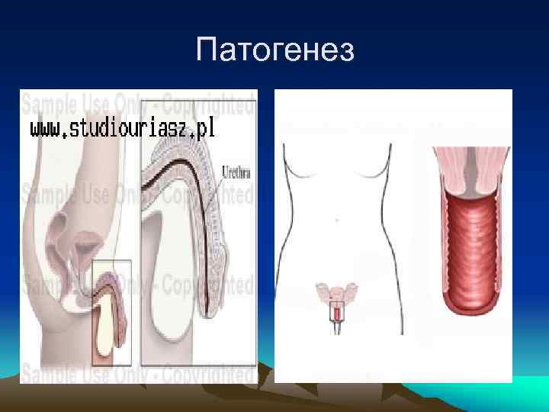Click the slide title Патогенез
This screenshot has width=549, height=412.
[274, 51]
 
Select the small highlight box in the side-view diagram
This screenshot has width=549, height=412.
[111, 312]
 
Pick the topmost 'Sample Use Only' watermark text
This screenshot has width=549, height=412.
[137, 102]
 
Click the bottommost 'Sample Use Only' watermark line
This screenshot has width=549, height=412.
[137, 374]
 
